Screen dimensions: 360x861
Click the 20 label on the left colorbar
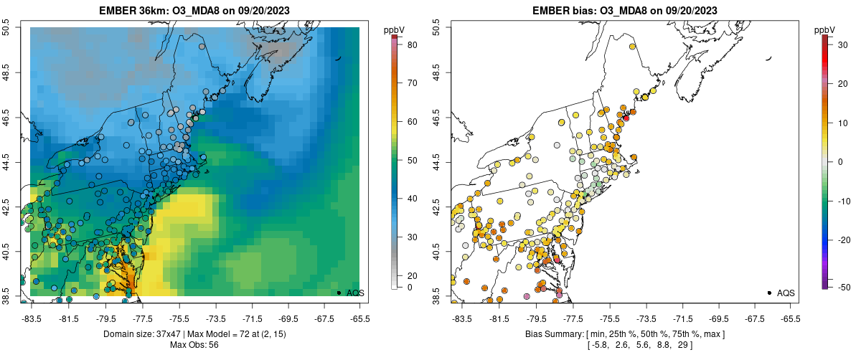pyautogui.click(x=413, y=275)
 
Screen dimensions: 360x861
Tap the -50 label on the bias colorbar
pyautogui.click(x=843, y=287)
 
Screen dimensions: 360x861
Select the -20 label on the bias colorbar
pyautogui.click(x=843, y=240)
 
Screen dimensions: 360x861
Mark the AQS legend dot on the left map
pyautogui.click(x=339, y=293)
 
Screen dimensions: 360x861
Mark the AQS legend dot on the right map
pyautogui.click(x=769, y=293)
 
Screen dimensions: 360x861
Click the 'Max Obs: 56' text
pyautogui.click(x=194, y=345)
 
